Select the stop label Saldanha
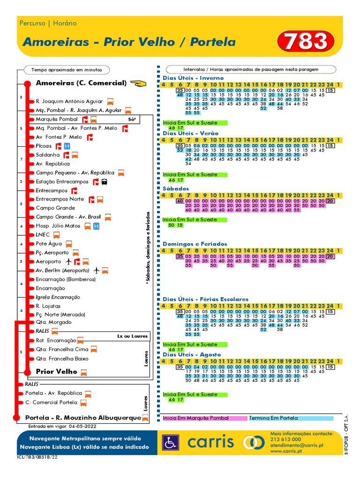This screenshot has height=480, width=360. click(48, 155)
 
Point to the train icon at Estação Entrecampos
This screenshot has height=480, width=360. click(104, 182)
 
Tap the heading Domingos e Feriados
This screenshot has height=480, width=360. click(195, 244)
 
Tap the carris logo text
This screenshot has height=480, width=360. click(211, 442)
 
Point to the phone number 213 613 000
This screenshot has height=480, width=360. click(286, 439)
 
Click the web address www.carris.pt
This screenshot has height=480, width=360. click(288, 451)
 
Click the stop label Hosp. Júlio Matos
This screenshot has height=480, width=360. click(59, 226)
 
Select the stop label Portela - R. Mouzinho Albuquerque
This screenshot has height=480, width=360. click(83, 417)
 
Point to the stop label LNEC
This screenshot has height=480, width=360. click(43, 234)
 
